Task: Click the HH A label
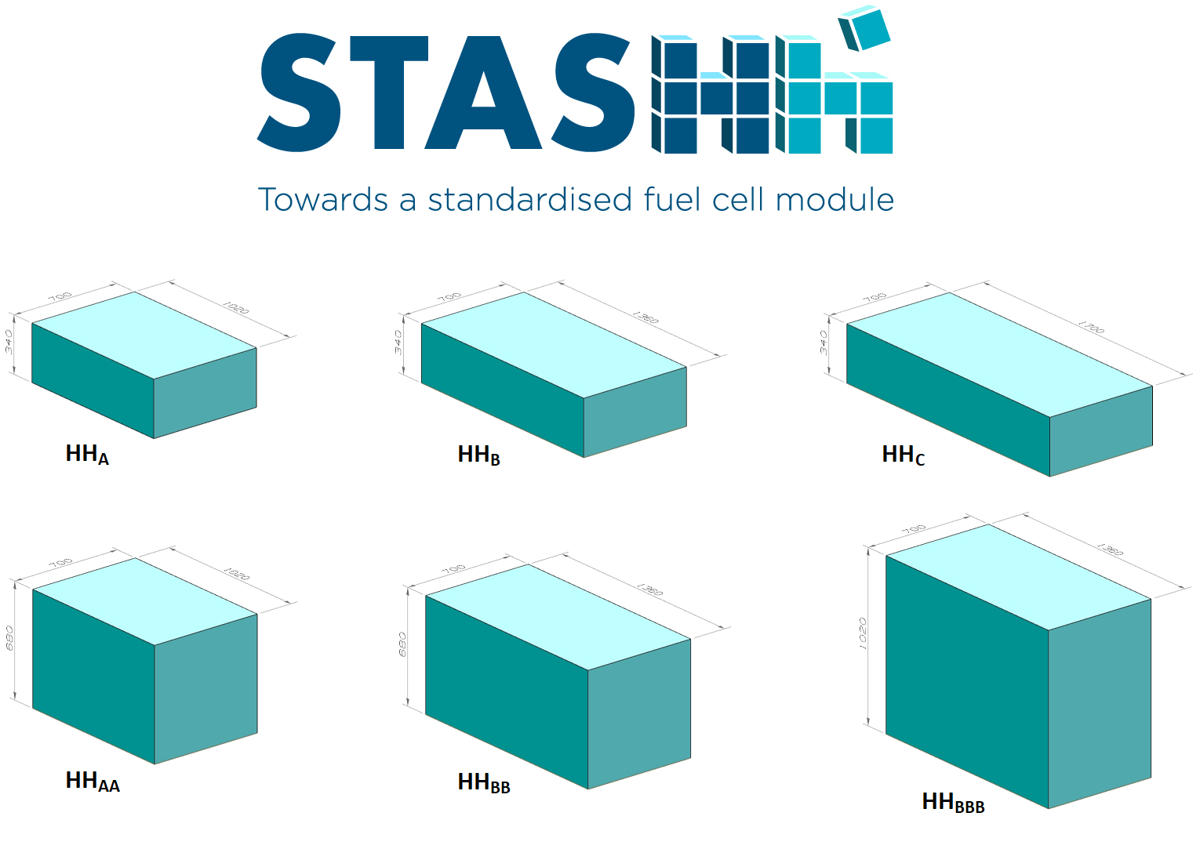tap(87, 455)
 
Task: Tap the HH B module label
tap(478, 455)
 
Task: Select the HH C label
tap(903, 455)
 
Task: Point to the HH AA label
tap(93, 782)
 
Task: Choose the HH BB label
tap(484, 783)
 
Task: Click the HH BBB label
tap(953, 803)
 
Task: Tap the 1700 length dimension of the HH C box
tap(1091, 326)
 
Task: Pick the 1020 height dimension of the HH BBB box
tap(863, 633)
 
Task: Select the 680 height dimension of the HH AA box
tap(9, 637)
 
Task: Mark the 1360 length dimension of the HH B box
tap(645, 317)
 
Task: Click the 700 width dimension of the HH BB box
tap(453, 568)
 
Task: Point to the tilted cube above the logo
tap(864, 28)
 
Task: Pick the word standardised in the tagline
tap(529, 200)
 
